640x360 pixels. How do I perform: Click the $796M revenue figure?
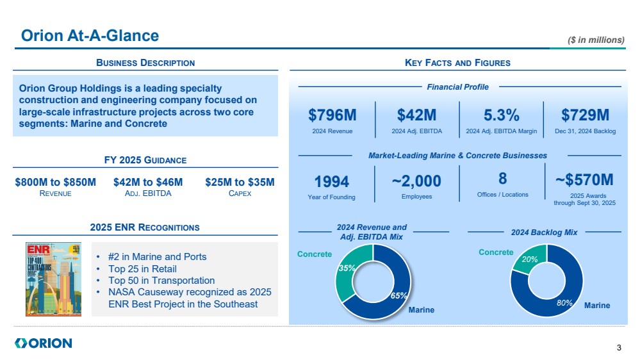point(332,115)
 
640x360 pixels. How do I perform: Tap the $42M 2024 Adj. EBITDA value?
point(416,115)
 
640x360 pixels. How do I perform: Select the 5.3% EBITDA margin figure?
point(501,115)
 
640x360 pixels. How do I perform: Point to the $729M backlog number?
point(585,115)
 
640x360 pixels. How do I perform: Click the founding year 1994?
point(332,181)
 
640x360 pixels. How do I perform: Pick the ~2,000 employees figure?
point(416,181)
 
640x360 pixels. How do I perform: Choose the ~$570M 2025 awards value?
point(585,179)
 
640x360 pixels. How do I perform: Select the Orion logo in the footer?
point(43,343)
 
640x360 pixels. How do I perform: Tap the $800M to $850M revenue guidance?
point(56,183)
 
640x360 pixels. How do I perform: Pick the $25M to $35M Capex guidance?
point(240,183)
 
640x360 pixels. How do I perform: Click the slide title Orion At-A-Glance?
point(90,36)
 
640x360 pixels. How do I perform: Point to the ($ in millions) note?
point(596,40)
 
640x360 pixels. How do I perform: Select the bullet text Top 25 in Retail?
point(142,269)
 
